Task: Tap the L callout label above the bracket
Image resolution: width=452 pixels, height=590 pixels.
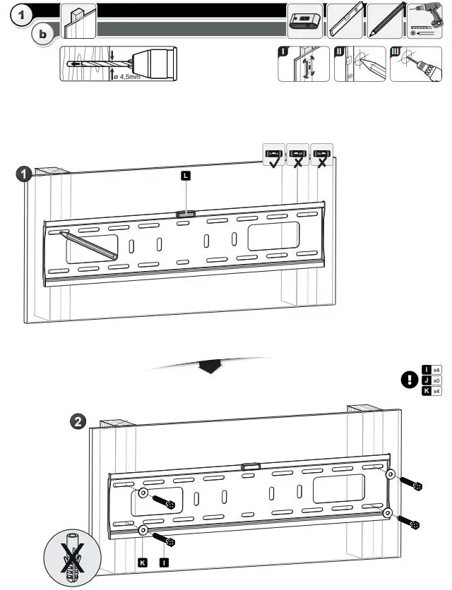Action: click(186, 176)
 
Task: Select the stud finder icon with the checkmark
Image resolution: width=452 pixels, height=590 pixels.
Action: click(273, 156)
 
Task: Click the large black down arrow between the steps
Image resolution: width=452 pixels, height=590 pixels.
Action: click(210, 367)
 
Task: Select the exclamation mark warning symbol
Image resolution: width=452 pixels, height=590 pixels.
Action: click(408, 380)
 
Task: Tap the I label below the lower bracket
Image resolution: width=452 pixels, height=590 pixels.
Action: click(164, 562)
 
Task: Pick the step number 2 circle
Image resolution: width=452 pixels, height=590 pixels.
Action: click(79, 422)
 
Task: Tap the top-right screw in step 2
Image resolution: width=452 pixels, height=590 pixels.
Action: click(410, 485)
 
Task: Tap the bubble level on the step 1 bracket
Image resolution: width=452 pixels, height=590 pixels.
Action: click(185, 212)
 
